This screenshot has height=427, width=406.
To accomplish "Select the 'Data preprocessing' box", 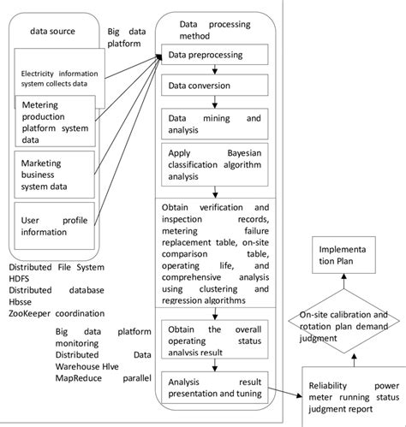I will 217,56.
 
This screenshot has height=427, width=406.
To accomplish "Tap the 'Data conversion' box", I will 217,86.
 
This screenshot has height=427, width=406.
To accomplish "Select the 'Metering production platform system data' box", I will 57,122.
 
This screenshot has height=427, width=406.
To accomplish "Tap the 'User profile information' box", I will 57,226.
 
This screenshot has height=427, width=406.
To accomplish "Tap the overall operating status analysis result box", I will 217,335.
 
